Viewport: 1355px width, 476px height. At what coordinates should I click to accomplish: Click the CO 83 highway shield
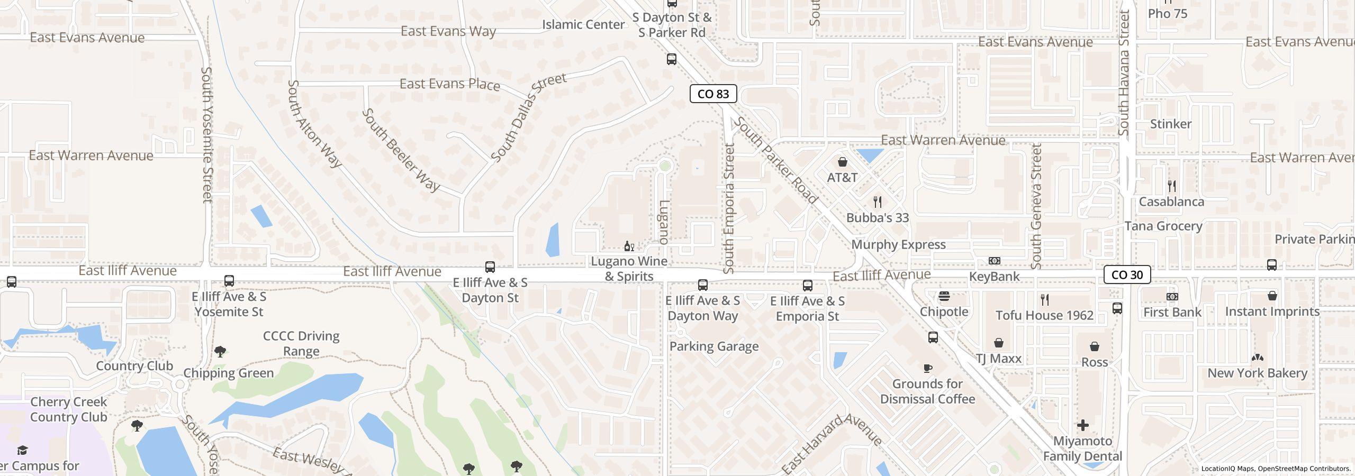tap(713, 94)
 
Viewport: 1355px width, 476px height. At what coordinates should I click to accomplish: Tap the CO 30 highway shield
tap(1127, 275)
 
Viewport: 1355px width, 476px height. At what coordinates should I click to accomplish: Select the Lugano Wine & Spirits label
tap(629, 269)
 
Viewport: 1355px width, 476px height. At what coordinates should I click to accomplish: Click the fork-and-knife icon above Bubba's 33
tap(878, 202)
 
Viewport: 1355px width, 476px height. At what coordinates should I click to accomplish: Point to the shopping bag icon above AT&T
tap(842, 161)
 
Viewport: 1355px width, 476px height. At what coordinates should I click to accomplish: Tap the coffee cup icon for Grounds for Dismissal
tap(927, 368)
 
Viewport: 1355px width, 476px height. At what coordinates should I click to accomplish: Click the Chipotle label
tap(944, 312)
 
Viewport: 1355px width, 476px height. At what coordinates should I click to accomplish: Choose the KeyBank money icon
tap(995, 261)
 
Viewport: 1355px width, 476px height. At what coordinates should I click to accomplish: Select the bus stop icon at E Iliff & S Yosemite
tap(229, 280)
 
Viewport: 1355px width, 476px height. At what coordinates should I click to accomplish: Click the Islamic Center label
tap(583, 24)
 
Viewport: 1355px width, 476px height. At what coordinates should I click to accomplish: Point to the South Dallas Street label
tap(528, 117)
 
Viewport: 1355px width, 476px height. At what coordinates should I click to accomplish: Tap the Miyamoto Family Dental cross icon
tap(1082, 425)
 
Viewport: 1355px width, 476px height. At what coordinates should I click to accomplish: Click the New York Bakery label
tap(1257, 373)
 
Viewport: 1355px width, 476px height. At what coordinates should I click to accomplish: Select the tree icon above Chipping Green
tap(220, 351)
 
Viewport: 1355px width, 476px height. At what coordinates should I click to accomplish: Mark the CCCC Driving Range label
tap(301, 343)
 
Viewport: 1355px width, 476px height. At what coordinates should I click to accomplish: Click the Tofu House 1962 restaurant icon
tap(1044, 300)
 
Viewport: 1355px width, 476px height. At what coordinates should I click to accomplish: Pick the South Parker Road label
tap(776, 161)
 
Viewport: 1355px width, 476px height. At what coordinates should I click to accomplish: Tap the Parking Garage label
tap(714, 346)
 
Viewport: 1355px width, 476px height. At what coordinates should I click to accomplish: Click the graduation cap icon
tap(22, 450)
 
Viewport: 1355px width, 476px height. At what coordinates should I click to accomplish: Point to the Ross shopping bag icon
tap(1094, 346)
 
